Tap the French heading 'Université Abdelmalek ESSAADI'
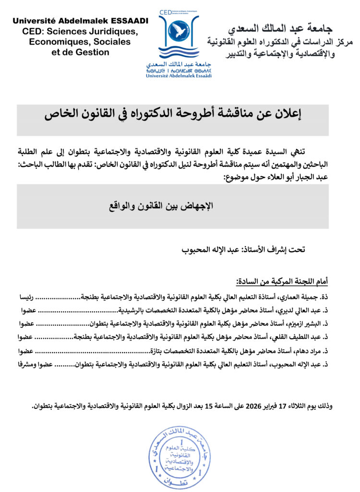point(80,21)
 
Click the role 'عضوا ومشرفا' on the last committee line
point(36,365)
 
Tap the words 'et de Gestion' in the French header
point(80,52)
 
